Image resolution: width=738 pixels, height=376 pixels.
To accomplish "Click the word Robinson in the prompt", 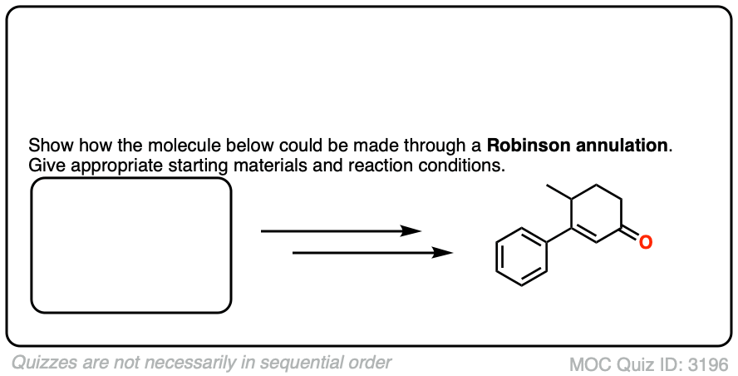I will click(523, 146).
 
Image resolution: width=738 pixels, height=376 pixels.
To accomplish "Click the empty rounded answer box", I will click(130, 245).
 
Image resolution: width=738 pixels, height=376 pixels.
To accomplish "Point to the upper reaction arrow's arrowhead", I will click(412, 231).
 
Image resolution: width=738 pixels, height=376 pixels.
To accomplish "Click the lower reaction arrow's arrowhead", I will click(444, 252).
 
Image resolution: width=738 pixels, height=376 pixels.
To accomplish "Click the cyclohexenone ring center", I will click(595, 211).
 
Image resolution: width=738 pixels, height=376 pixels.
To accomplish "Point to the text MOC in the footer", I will click(588, 364).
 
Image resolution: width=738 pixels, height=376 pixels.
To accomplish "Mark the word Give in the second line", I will click(45, 165).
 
